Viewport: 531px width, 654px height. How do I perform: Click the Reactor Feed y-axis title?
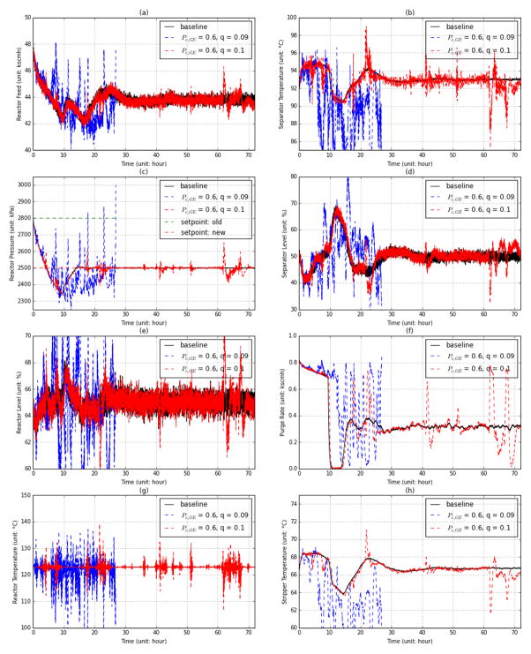[10, 84]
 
